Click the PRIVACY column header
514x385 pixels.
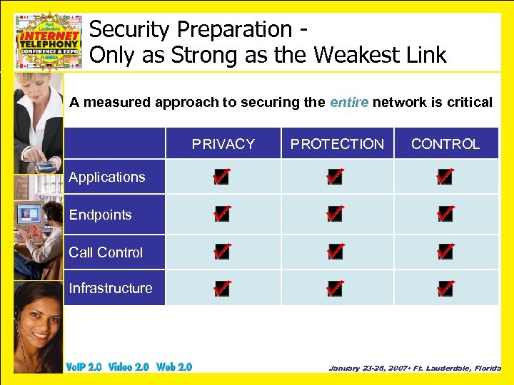click(223, 144)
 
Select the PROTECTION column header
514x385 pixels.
click(337, 144)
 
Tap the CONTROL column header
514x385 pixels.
click(445, 144)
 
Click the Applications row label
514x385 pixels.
click(107, 178)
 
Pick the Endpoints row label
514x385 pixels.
click(100, 215)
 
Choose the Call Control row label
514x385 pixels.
click(106, 252)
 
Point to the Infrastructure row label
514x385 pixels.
click(111, 288)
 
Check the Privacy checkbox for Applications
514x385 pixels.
click(221, 177)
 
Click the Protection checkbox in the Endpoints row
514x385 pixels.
click(334, 213)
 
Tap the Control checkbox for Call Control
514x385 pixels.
click(445, 251)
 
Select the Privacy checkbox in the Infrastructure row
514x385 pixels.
click(221, 289)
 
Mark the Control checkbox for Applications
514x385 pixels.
click(445, 177)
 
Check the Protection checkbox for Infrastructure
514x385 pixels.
click(334, 289)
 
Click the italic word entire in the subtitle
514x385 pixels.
click(349, 102)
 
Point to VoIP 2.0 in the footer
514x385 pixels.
click(84, 367)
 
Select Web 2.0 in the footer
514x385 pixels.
click(174, 367)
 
